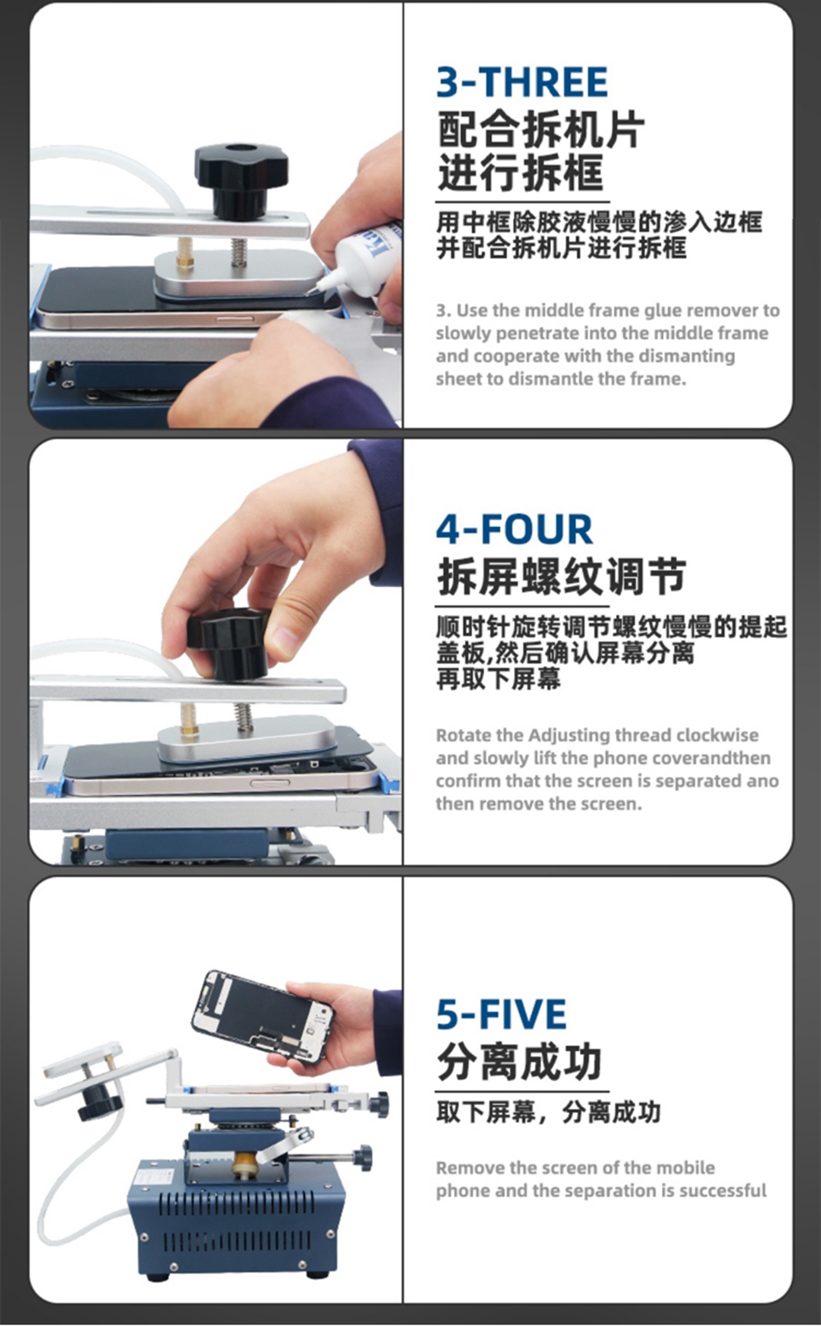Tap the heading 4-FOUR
tap(514, 530)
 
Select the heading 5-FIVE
tap(502, 1014)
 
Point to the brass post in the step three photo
tap(186, 253)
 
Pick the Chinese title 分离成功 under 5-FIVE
tap(519, 1062)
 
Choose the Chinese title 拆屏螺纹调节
tap(562, 576)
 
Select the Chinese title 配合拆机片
tap(541, 130)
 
